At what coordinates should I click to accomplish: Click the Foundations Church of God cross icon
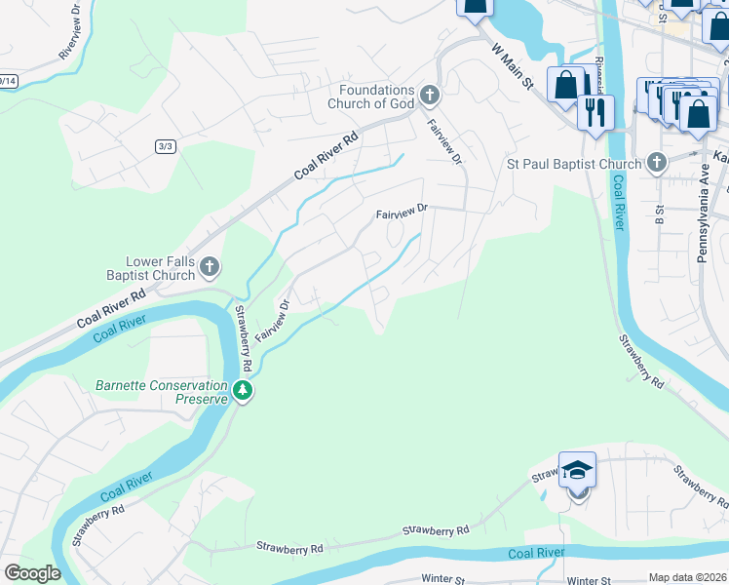click(431, 96)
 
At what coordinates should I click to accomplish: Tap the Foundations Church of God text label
click(375, 97)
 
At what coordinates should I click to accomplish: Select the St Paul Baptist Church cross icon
click(657, 163)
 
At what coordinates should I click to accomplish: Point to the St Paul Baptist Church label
click(573, 164)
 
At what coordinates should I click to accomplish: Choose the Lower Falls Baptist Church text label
click(161, 268)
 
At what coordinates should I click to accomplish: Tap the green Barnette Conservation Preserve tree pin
click(243, 392)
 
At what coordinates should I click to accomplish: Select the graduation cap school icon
click(578, 471)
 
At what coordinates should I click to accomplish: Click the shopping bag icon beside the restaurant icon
click(566, 86)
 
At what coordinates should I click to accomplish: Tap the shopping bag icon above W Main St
click(475, 8)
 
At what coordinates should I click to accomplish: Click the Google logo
click(32, 573)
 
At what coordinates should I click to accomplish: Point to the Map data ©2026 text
click(686, 577)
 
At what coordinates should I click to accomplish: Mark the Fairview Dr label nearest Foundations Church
click(442, 142)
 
